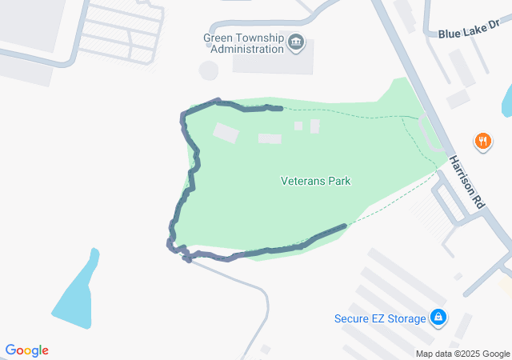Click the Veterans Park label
point(315,181)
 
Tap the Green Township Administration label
point(244,42)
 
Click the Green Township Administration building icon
point(295,42)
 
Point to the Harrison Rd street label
point(466,182)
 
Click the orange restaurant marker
point(482,142)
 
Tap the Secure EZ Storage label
point(380,319)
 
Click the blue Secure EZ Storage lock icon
point(438,318)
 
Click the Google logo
point(26,350)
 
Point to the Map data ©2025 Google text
point(462,354)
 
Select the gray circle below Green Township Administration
point(209,70)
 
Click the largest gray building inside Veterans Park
point(226,133)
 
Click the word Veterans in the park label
point(302,181)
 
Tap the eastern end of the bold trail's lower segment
point(345,226)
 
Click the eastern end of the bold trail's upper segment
point(281,108)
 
